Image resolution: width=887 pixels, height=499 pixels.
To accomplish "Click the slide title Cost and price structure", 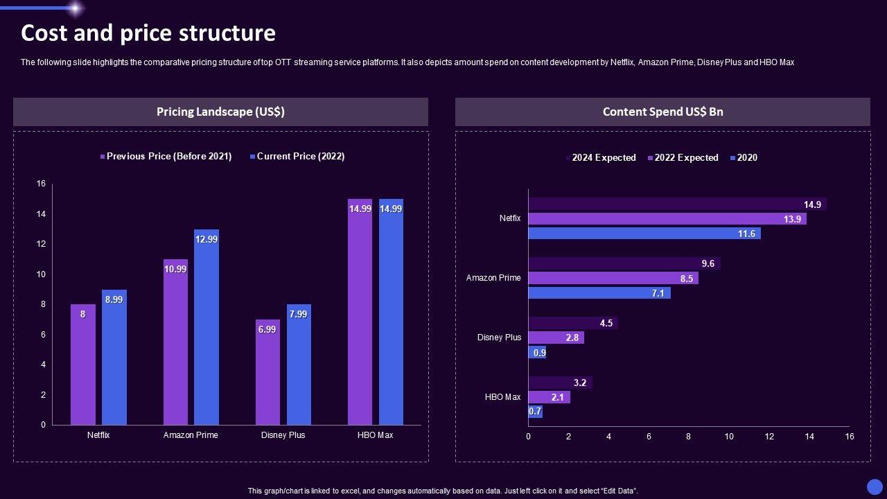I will click(148, 33).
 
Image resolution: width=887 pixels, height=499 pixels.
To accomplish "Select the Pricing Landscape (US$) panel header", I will click(220, 112).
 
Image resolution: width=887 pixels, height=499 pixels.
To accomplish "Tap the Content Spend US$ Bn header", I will click(662, 112).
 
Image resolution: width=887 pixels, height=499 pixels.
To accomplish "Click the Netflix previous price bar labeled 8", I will click(83, 365).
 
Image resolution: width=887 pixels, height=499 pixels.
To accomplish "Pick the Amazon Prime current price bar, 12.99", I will click(207, 327).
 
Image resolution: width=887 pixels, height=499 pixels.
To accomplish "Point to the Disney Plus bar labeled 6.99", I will click(267, 372).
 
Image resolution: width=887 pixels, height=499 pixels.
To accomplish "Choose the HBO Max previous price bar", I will click(360, 312).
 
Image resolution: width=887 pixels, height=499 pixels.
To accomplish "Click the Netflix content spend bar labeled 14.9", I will click(676, 204).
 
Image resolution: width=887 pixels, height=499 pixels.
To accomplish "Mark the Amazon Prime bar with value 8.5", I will click(613, 279).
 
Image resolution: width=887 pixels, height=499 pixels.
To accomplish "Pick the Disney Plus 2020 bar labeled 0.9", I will click(538, 353).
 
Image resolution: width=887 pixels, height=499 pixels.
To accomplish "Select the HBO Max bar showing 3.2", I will click(560, 383).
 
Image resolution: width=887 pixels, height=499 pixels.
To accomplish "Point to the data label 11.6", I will click(746, 234).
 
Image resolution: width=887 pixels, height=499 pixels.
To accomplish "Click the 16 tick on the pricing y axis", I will click(41, 184).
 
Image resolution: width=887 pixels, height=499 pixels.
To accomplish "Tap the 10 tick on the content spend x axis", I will click(729, 437).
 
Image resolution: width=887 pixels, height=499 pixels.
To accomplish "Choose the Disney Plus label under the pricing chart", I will click(283, 435).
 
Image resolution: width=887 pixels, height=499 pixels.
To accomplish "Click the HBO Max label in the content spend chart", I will click(502, 397).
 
